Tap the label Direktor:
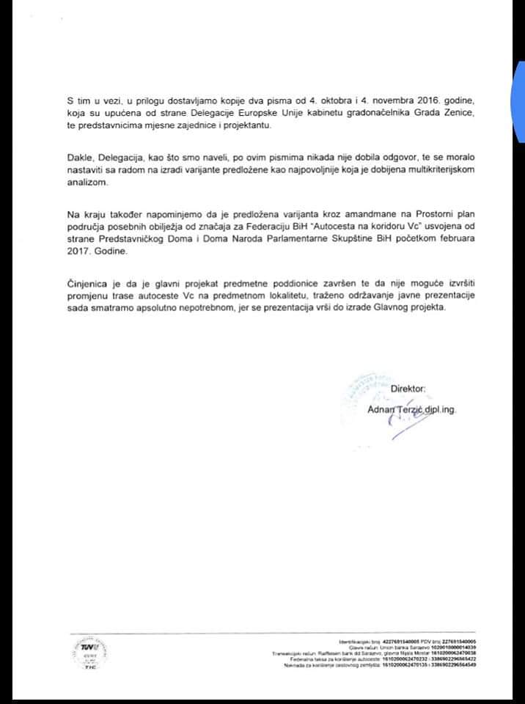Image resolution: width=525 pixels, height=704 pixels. point(408,389)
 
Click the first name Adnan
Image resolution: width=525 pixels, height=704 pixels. point(381,409)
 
